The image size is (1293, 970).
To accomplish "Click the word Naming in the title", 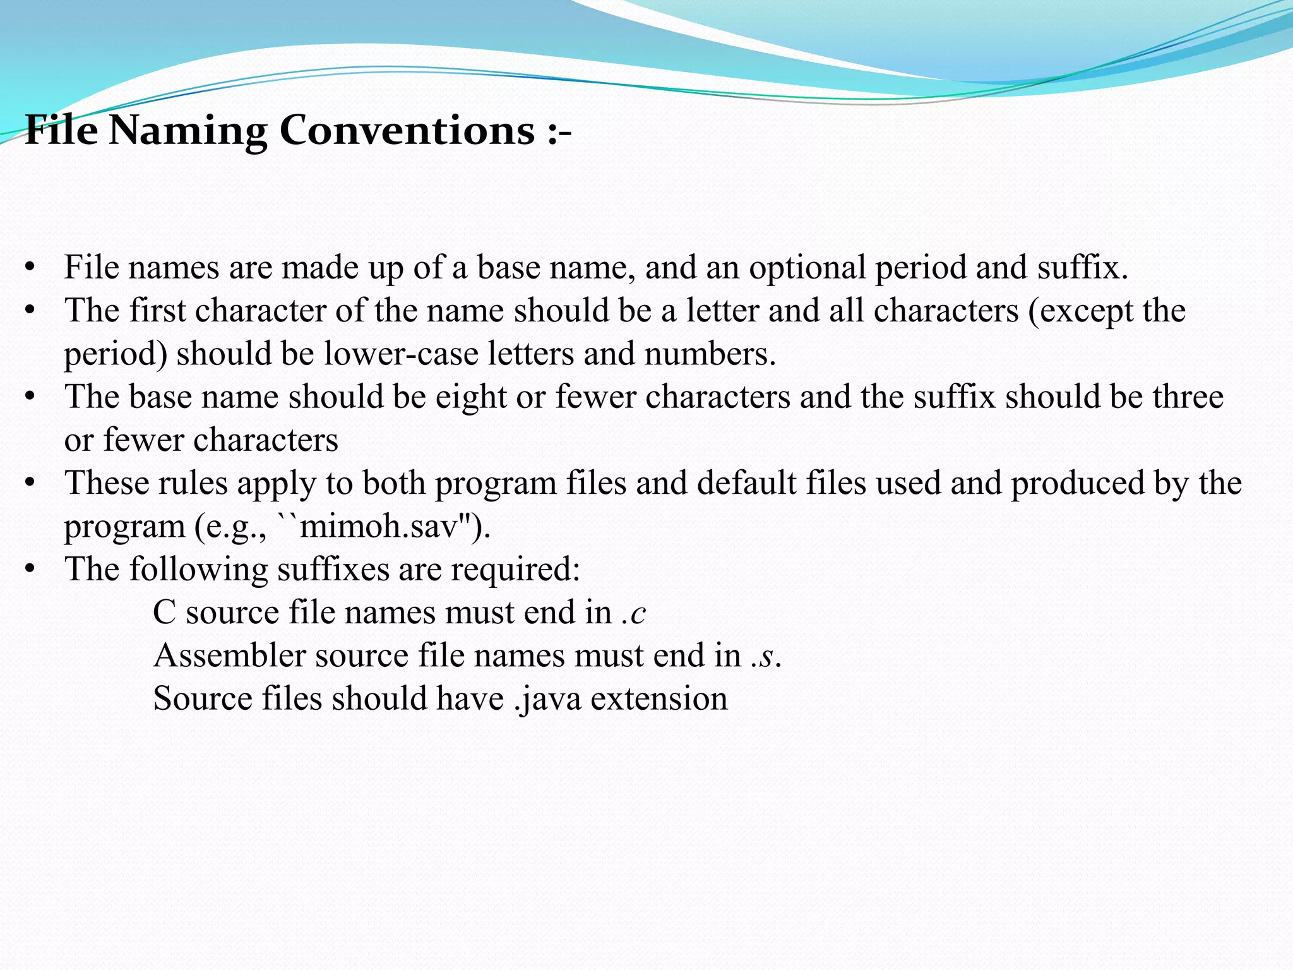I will coord(188,131).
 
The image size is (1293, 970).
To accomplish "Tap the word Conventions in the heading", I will coord(407,130).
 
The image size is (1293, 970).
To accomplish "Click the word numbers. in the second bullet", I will coord(710,354).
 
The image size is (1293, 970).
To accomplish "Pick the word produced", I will coord(1077,484).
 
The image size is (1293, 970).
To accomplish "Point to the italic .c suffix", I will coord(634,613).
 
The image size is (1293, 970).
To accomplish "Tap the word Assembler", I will coord(230,656).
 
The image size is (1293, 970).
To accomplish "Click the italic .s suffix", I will coord(763,656).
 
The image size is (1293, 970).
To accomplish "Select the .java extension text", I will coord(547,699).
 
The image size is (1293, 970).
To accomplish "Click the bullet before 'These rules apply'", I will coord(29,484).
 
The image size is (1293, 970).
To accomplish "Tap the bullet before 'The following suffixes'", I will coord(29,570).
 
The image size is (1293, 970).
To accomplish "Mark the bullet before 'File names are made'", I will coord(29,268).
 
